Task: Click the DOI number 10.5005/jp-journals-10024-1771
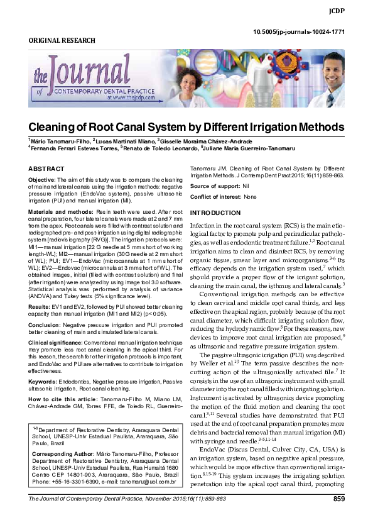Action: (x=298, y=31)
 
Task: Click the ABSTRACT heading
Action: (x=46, y=169)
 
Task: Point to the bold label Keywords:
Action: (x=42, y=380)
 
